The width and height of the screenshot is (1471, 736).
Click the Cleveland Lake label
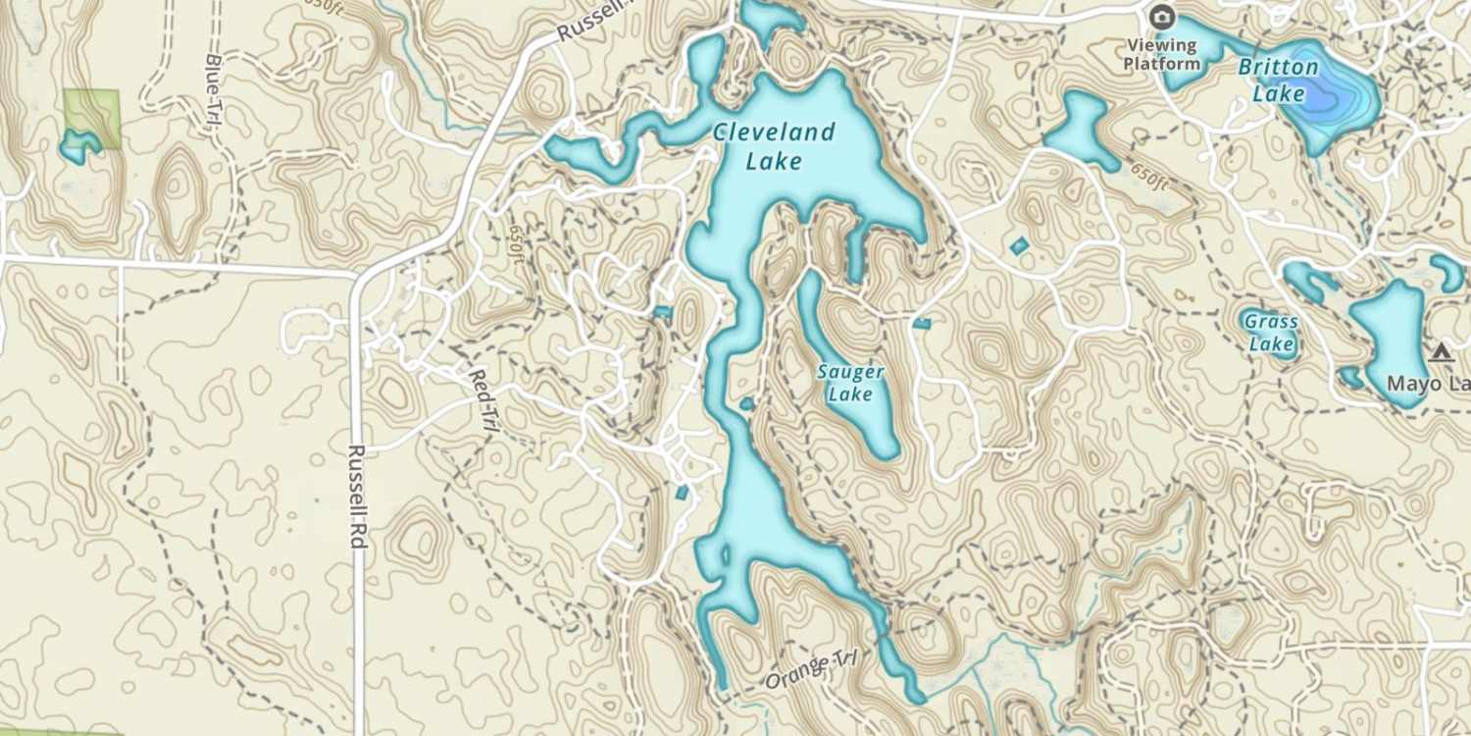pos(774,146)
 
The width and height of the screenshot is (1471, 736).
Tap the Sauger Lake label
pos(850,383)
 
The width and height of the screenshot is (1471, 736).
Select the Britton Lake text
pos(1278,80)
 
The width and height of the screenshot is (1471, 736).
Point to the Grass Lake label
pos(1271,333)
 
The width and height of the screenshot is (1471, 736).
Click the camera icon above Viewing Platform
pos(1162,17)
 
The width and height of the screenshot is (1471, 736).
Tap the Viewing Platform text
pos(1162,54)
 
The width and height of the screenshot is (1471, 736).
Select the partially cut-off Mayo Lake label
pos(1428,384)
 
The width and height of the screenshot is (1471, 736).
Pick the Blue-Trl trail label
pos(212,89)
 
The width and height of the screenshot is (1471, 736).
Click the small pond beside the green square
pos(76,147)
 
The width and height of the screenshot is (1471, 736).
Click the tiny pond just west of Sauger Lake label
pos(746,403)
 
